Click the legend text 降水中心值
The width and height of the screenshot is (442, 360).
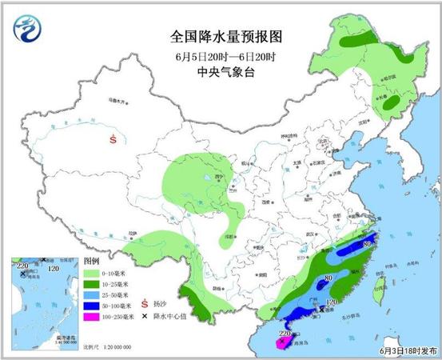[170, 317]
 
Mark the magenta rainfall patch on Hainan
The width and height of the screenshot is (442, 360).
[282, 342]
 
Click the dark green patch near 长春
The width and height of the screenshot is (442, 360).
[391, 103]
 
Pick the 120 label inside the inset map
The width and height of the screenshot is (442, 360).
[55, 270]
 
